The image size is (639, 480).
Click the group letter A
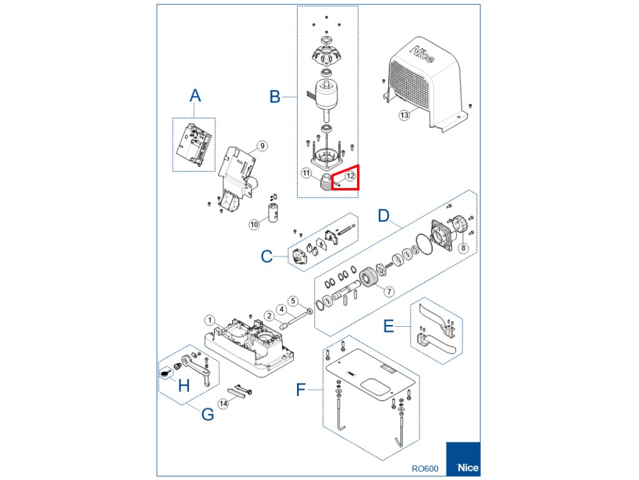[x=195, y=96]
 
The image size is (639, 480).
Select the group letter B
[x=275, y=97]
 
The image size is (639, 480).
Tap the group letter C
[x=266, y=257]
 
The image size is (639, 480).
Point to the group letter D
[x=385, y=217]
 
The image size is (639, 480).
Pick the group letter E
[x=388, y=327]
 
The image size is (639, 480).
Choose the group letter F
[x=301, y=391]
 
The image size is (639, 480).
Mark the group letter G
[x=208, y=414]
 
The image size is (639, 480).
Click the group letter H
[x=183, y=386]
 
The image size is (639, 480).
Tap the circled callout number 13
[x=404, y=115]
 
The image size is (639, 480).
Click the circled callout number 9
[x=262, y=146]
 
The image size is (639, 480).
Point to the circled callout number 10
[x=254, y=224]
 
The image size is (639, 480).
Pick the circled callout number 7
[x=389, y=291]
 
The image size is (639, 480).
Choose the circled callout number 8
[x=462, y=247]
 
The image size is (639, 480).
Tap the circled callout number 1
[x=211, y=320]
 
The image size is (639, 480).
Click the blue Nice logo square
[x=462, y=460]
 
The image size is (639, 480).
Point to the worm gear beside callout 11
[x=325, y=183]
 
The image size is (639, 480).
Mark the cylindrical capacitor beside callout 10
[x=273, y=212]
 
